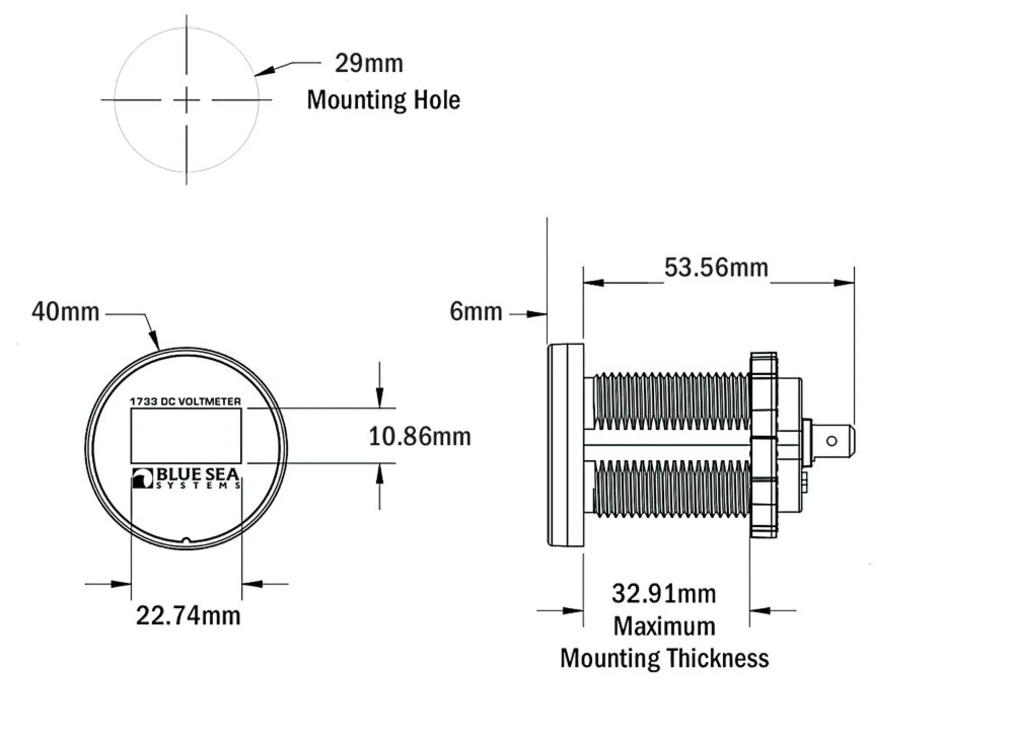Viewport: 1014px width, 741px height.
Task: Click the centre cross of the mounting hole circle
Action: click(x=186, y=100)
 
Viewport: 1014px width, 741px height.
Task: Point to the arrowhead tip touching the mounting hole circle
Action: click(x=255, y=75)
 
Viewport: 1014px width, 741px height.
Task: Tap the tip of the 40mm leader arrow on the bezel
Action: click(x=158, y=350)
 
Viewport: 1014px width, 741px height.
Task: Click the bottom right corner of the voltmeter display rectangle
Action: click(x=241, y=463)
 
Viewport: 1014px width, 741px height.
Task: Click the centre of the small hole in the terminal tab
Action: click(x=831, y=441)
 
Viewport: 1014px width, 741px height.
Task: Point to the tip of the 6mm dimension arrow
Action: click(x=547, y=315)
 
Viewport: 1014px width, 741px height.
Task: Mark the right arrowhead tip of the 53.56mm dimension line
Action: click(x=854, y=283)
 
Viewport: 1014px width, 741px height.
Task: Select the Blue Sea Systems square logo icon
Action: click(x=143, y=478)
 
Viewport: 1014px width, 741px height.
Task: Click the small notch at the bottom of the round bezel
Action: click(x=186, y=540)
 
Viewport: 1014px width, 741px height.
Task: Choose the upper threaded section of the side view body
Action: click(x=671, y=401)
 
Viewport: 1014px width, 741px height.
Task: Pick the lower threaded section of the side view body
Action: click(x=671, y=488)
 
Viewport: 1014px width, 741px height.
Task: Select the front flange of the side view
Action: click(x=566, y=445)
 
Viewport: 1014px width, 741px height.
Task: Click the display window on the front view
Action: click(x=186, y=436)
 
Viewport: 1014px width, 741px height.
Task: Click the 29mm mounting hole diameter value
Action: click(x=369, y=63)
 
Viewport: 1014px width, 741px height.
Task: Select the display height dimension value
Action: click(x=420, y=436)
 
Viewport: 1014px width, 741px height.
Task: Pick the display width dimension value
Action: click(x=188, y=615)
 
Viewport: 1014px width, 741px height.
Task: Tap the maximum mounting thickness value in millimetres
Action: click(x=664, y=594)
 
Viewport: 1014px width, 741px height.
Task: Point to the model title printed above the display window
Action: click(x=185, y=402)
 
